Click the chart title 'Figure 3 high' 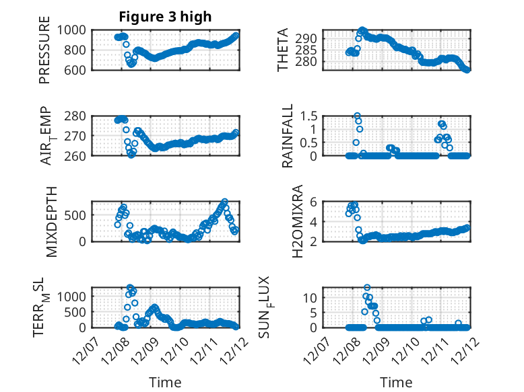tap(166, 16)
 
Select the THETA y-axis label tap(284, 50)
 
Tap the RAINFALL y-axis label tap(288, 135)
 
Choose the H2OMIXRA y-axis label tap(288, 221)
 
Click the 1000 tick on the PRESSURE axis tap(70, 30)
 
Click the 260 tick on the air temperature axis tap(74, 156)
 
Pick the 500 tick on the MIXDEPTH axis tap(74, 215)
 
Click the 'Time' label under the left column tap(165, 383)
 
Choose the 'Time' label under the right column tap(397, 383)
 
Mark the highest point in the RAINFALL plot tap(357, 116)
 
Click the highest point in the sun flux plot tap(367, 288)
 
